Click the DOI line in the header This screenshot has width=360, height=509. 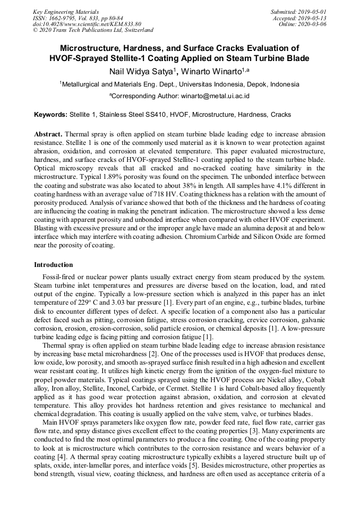tap(87, 24)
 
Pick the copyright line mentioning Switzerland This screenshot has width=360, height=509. tap(93, 30)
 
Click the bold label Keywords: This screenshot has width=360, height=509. tap(51, 115)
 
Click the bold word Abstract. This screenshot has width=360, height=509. tap(48, 134)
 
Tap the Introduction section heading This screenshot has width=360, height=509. tap(54, 264)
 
